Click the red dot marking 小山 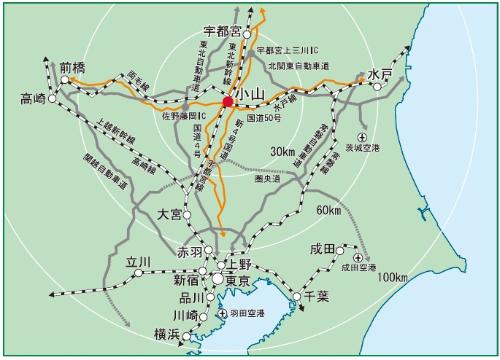click(x=228, y=101)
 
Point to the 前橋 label click(x=73, y=68)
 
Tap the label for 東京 click(x=238, y=279)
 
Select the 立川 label click(x=137, y=262)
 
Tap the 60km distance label click(x=331, y=211)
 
